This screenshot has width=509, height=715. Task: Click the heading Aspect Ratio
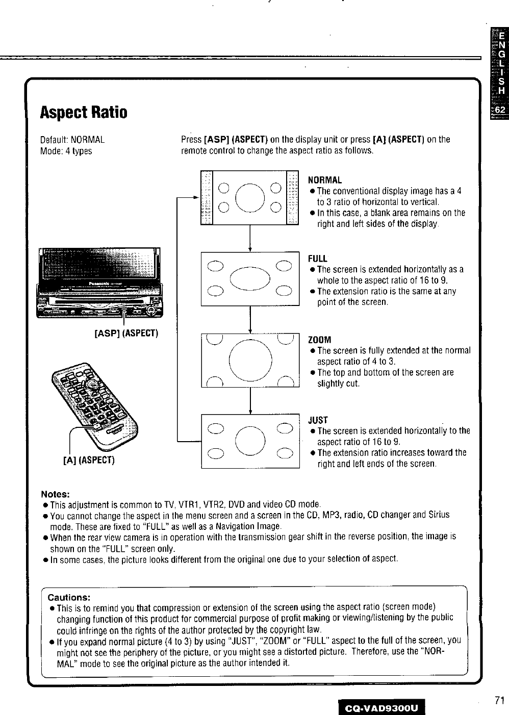pyautogui.click(x=84, y=112)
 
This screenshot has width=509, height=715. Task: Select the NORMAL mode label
pyautogui.click(x=325, y=180)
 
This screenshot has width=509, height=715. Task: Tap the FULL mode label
pyautogui.click(x=318, y=259)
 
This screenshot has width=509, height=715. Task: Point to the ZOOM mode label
pyautogui.click(x=320, y=340)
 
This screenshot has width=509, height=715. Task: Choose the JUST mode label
pyautogui.click(x=318, y=420)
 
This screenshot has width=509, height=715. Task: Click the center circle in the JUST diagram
pyautogui.click(x=250, y=440)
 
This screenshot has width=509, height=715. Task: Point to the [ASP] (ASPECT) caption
pyautogui.click(x=127, y=334)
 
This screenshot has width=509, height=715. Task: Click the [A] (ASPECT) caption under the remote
pyautogui.click(x=89, y=460)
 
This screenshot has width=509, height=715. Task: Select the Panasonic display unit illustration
pyautogui.click(x=99, y=283)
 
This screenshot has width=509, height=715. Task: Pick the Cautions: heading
pyautogui.click(x=69, y=597)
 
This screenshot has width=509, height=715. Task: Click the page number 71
pyautogui.click(x=499, y=700)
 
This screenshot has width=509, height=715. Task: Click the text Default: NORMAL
pyautogui.click(x=72, y=140)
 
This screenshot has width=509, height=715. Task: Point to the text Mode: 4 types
pyautogui.click(x=66, y=151)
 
